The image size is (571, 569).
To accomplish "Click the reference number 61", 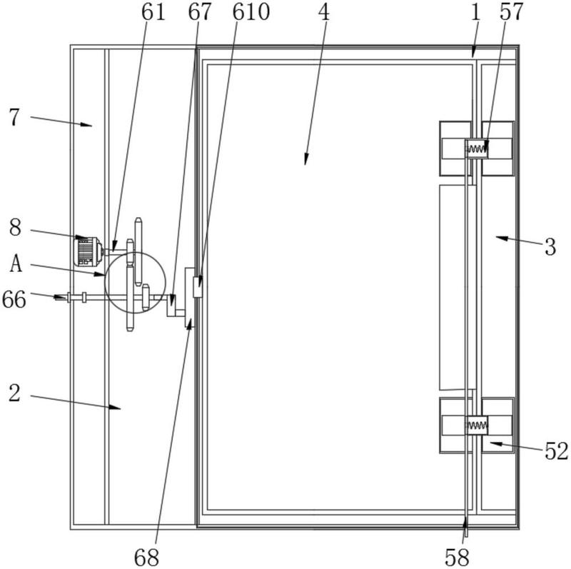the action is coord(153,12).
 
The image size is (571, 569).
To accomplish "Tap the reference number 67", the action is coord(200,12).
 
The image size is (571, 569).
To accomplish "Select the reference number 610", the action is coord(251,12).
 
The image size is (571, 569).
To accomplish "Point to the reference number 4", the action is coord(324,12).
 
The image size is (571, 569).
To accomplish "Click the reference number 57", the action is coord(511,12).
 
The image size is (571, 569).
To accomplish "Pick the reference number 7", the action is coord(14,117).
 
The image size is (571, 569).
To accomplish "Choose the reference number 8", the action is coord(15,228).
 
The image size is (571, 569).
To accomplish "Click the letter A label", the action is coord(16,263).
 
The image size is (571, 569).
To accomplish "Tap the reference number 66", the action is coord(14,299).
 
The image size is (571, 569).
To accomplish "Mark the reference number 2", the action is coord(14,393).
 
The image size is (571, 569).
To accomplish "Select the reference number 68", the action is coord(146,557).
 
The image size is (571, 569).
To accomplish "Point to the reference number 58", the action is coord(457,557).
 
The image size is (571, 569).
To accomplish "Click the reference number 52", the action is coord(557,451).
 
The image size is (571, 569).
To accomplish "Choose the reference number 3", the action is coord(550,246).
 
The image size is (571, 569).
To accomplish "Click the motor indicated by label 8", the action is coord(88,251).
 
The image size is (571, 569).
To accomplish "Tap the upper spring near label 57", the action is coord(476,148).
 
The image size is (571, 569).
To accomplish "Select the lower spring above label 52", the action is coord(476,425).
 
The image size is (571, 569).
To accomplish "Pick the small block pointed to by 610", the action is coord(198,287).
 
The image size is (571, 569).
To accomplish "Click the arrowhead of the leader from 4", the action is coord(306,159).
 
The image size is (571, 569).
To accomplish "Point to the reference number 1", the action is coord(475,12).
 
